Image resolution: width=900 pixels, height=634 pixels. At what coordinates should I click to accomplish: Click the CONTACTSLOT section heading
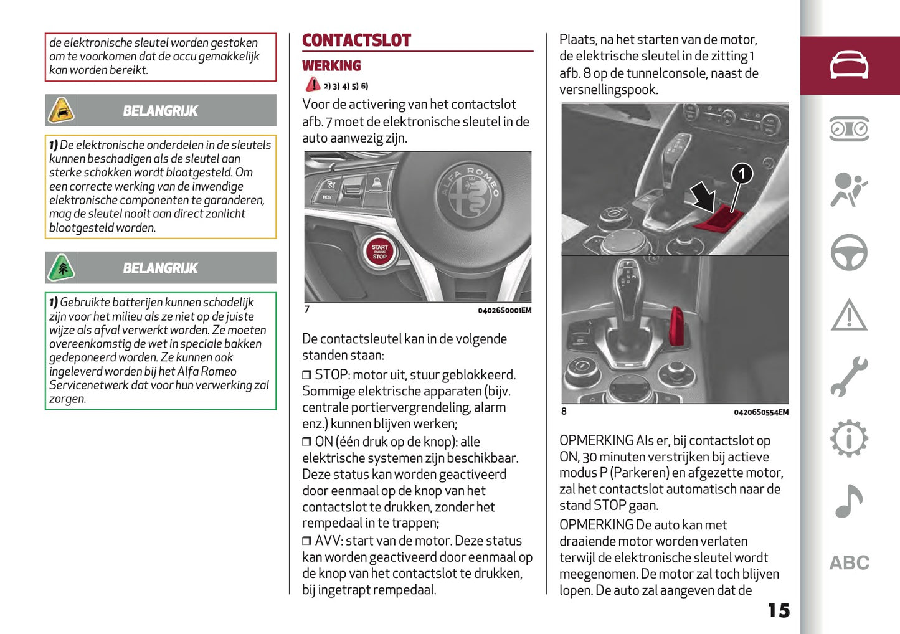pyautogui.click(x=356, y=41)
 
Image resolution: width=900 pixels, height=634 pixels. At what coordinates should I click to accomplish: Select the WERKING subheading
pyautogui.click(x=331, y=66)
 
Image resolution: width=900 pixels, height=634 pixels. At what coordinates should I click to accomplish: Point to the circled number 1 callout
pyautogui.click(x=741, y=174)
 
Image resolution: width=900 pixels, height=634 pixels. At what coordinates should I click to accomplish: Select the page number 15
pyautogui.click(x=778, y=610)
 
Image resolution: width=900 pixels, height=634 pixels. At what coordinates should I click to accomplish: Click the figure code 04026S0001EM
pyautogui.click(x=504, y=311)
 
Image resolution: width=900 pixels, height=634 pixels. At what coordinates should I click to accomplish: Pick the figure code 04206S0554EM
pyautogui.click(x=760, y=412)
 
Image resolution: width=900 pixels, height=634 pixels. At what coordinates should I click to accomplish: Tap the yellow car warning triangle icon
pyautogui.click(x=61, y=111)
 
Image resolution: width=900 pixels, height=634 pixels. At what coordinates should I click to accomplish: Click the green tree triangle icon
pyautogui.click(x=61, y=268)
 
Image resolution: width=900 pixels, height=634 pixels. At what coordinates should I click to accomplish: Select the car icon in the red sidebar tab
pyautogui.click(x=849, y=65)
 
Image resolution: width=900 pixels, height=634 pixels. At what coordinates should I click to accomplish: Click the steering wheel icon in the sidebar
pyautogui.click(x=849, y=252)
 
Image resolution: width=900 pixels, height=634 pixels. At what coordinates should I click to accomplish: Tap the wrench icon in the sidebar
pyautogui.click(x=849, y=377)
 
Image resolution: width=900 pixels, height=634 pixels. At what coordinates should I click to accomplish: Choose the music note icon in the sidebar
pyautogui.click(x=849, y=501)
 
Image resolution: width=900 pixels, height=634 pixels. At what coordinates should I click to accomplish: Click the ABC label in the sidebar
pyautogui.click(x=849, y=563)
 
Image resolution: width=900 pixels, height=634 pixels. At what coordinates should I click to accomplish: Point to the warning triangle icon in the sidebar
pyautogui.click(x=849, y=315)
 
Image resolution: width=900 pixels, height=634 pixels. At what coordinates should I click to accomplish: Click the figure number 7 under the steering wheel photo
pyautogui.click(x=307, y=310)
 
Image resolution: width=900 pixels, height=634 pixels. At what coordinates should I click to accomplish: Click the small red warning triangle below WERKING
pyautogui.click(x=313, y=85)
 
